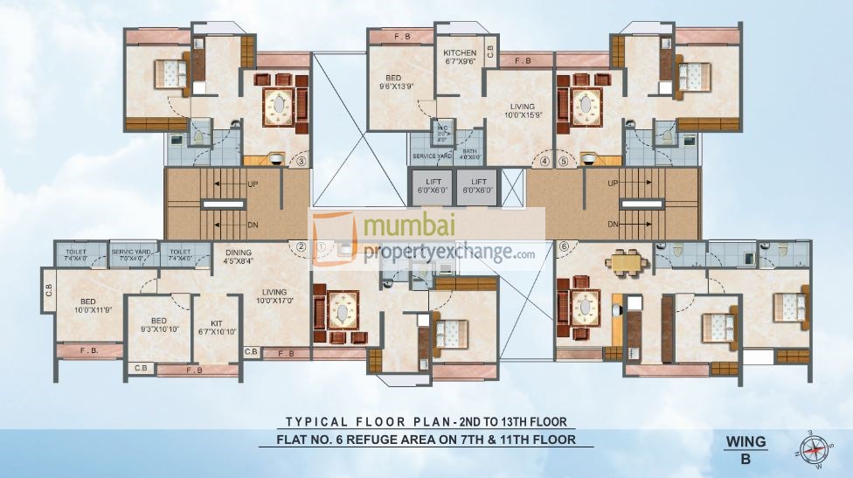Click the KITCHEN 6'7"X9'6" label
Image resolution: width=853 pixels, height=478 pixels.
460,58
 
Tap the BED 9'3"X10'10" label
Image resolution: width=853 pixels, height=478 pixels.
158,324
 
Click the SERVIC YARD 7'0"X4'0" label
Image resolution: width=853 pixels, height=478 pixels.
133,255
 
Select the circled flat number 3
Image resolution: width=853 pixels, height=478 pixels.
302,161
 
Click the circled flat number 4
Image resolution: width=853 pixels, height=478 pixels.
544,161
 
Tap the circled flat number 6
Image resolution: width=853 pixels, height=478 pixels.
564,246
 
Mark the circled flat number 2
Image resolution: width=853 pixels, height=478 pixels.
300,246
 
